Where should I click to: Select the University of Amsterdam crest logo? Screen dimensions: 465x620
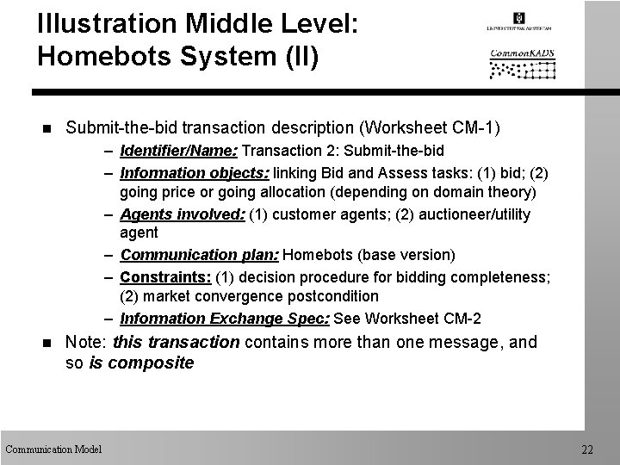pyautogui.click(x=518, y=19)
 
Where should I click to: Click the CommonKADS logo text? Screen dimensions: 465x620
pyautogui.click(x=523, y=53)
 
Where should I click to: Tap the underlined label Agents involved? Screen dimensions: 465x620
pyautogui.click(x=183, y=214)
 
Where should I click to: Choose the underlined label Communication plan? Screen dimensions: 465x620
pyautogui.click(x=200, y=255)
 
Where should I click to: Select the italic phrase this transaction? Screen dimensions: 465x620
pyautogui.click(x=176, y=343)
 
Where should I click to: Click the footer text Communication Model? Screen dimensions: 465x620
pyautogui.click(x=53, y=449)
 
